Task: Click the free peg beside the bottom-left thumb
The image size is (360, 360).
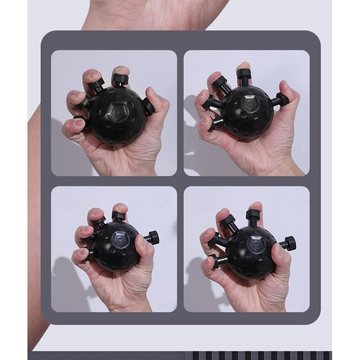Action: (153, 237)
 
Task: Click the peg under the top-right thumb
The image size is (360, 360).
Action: (281, 99)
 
